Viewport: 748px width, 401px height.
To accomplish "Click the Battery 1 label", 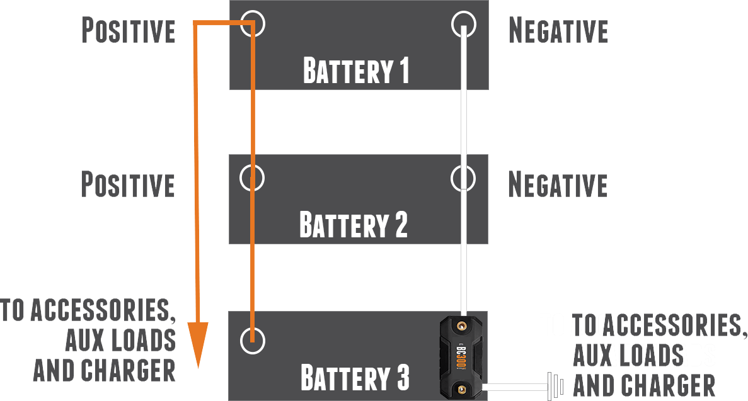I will [356, 71].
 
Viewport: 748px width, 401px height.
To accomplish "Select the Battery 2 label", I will [354, 225].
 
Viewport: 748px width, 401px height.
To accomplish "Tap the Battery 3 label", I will [355, 378].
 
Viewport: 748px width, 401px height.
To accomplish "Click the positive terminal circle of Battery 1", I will [252, 23].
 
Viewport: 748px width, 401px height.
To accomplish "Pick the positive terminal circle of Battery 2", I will [252, 178].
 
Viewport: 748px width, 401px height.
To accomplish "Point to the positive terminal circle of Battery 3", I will [252, 340].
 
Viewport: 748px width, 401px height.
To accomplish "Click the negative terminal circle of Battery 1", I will [464, 23].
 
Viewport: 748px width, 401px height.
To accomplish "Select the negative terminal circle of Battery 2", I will [464, 178].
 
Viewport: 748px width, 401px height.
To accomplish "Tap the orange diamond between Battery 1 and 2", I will [255, 121].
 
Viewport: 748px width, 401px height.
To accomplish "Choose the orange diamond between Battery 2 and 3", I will [255, 277].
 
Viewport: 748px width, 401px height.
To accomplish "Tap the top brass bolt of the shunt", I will [462, 326].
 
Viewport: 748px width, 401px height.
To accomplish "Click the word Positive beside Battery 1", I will [129, 31].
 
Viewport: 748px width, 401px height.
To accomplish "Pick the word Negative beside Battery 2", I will [558, 185].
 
